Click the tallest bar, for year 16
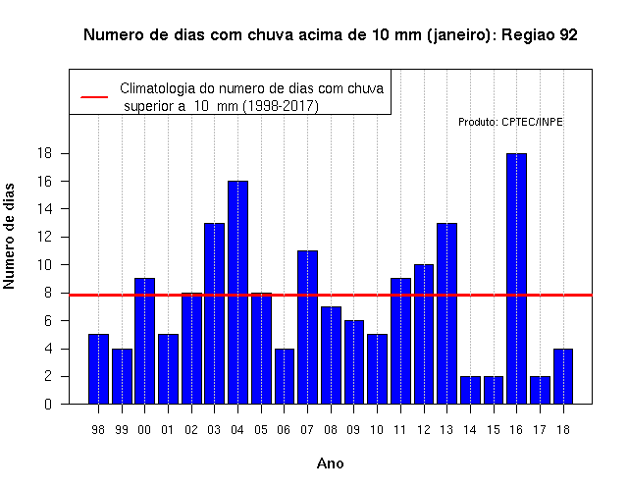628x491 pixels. (516, 279)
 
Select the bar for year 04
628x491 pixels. (237, 293)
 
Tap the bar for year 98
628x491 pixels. (98, 369)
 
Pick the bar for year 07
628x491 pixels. (307, 327)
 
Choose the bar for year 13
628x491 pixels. (447, 313)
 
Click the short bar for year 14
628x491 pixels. (470, 390)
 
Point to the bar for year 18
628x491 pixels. (563, 376)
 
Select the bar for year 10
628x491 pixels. (377, 369)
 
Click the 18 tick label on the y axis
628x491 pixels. (44, 153)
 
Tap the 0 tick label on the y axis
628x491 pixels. (48, 404)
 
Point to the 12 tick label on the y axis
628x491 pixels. (44, 237)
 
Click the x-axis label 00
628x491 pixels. (144, 430)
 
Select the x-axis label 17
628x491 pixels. (540, 430)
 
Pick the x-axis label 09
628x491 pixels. (353, 430)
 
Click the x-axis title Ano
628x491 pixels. (331, 464)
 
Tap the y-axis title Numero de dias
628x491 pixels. (9, 237)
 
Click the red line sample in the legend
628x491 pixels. (94, 97)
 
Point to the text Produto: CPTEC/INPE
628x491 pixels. (510, 122)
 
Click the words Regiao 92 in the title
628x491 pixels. (540, 35)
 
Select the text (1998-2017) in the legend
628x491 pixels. (282, 106)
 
